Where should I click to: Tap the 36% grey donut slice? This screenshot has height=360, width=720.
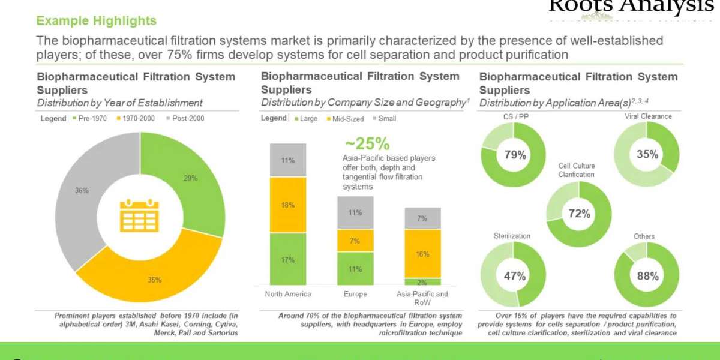(82, 191)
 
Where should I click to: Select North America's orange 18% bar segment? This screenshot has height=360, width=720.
(288, 205)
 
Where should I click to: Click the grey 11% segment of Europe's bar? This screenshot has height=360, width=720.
(355, 212)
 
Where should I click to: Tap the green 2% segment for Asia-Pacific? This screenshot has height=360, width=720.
(422, 282)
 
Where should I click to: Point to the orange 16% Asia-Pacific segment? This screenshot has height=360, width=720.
(422, 254)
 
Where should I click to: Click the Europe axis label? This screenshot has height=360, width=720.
(355, 294)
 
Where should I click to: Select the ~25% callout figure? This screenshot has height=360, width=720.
(367, 144)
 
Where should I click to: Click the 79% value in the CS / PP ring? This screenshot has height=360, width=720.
(514, 155)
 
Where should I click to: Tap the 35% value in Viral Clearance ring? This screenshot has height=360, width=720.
(647, 154)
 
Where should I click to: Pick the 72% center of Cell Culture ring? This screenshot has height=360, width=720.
(580, 214)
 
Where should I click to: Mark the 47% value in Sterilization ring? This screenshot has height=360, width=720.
(514, 276)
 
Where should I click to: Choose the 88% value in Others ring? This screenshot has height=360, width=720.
(647, 276)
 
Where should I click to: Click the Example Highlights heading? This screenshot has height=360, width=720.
(96, 21)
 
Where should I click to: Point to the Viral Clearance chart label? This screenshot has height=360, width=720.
(647, 116)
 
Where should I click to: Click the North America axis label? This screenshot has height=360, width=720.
(288, 294)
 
